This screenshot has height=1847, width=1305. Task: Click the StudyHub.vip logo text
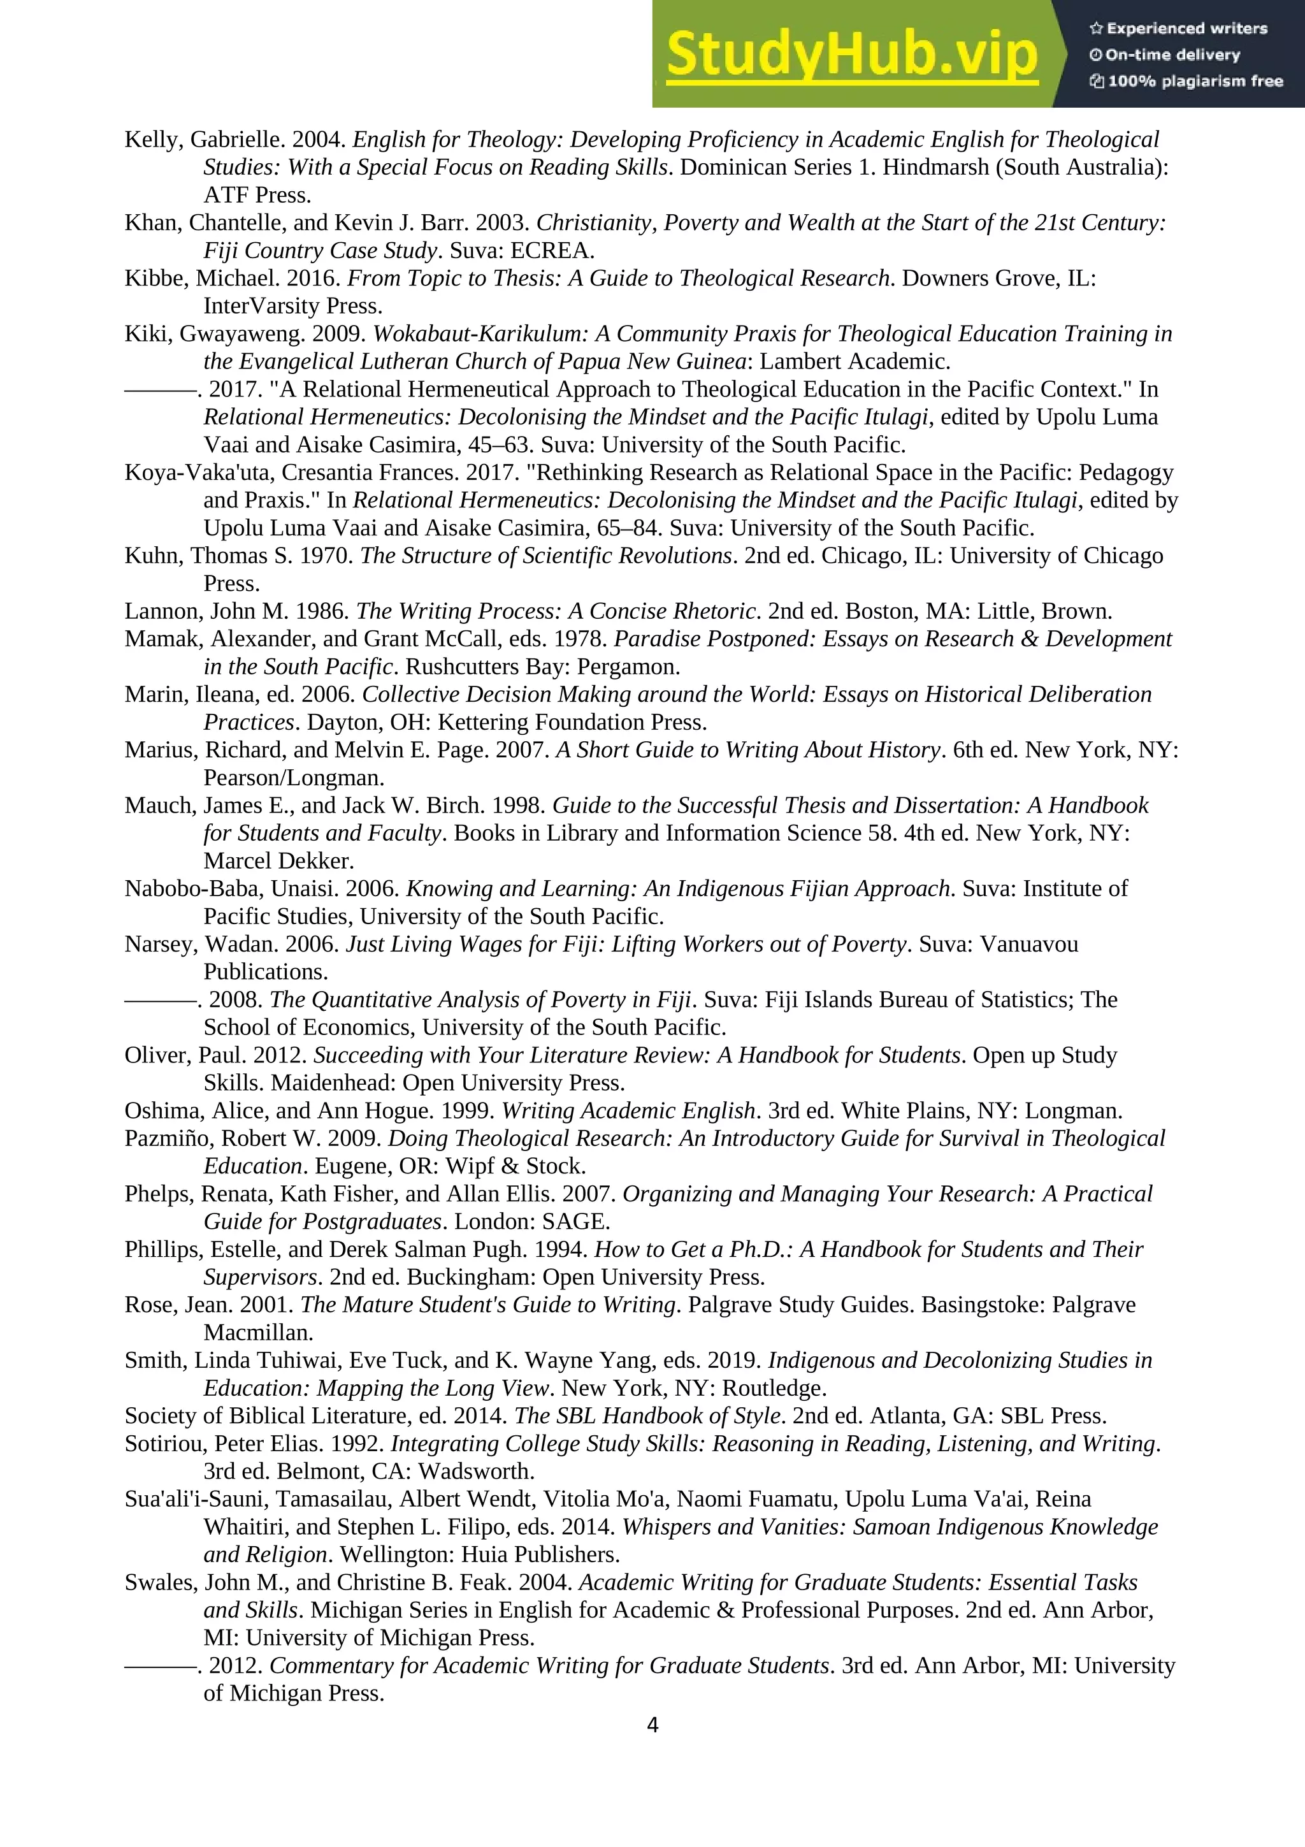coord(851,54)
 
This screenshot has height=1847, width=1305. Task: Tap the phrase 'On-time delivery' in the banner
coord(1172,55)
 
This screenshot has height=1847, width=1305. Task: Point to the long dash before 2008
coord(159,1000)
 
